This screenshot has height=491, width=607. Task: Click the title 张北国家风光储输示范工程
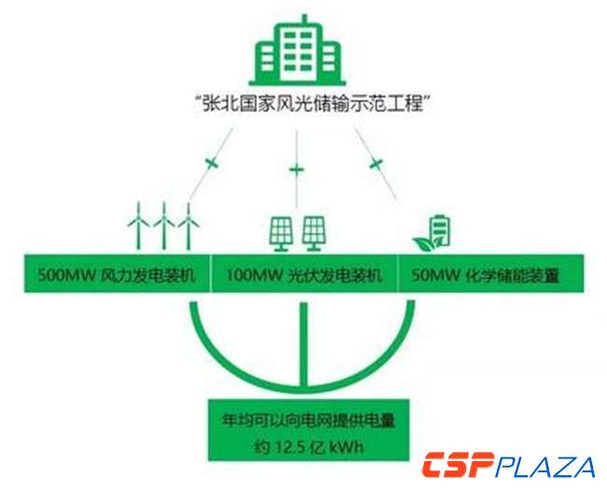pyautogui.click(x=303, y=105)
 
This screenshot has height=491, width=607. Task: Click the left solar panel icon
pyautogui.click(x=282, y=232)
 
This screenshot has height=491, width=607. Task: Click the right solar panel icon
pyautogui.click(x=314, y=232)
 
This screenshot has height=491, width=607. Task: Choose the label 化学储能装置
pyautogui.click(x=514, y=276)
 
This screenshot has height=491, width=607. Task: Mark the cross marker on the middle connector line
pyautogui.click(x=298, y=170)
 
